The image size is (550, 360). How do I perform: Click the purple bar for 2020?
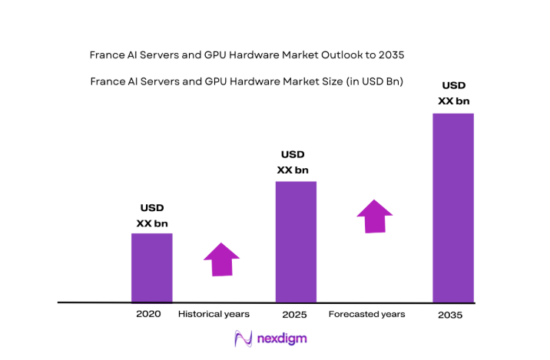click(151, 268)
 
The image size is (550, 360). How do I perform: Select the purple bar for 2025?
click(296, 242)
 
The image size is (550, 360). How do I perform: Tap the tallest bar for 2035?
click(452, 208)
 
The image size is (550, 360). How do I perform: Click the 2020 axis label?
click(148, 314)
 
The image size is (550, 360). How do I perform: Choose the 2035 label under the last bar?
click(451, 315)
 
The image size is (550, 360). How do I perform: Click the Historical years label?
click(214, 314)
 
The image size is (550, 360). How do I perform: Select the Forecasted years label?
click(366, 314)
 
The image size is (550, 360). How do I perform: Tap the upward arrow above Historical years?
click(221, 259)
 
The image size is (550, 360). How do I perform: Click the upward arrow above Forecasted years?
click(374, 216)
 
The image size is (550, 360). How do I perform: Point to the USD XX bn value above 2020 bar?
click(151, 216)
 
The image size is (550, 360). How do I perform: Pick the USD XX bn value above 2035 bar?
click(453, 93)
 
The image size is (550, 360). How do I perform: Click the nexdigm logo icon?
click(244, 339)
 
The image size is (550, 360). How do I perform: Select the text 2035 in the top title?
click(389, 55)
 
